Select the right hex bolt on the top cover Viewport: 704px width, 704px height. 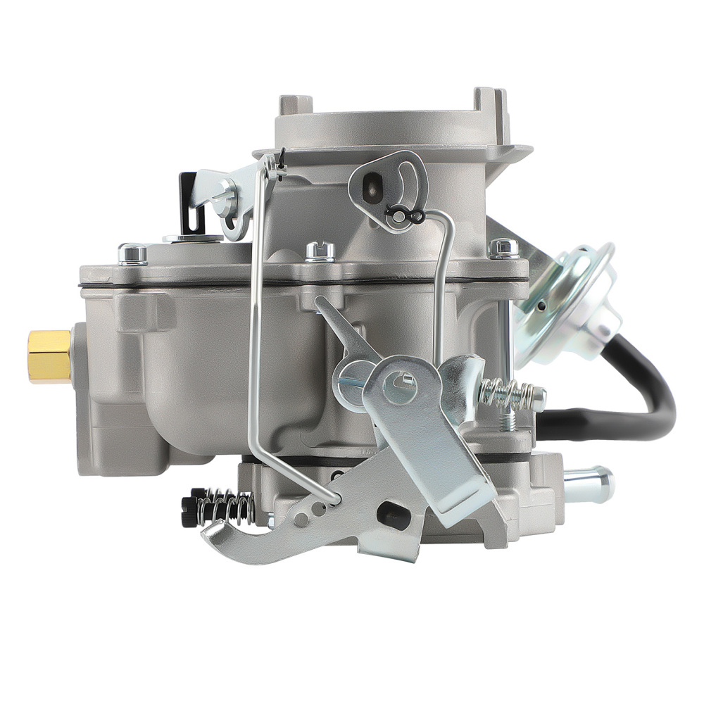[x=504, y=248]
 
